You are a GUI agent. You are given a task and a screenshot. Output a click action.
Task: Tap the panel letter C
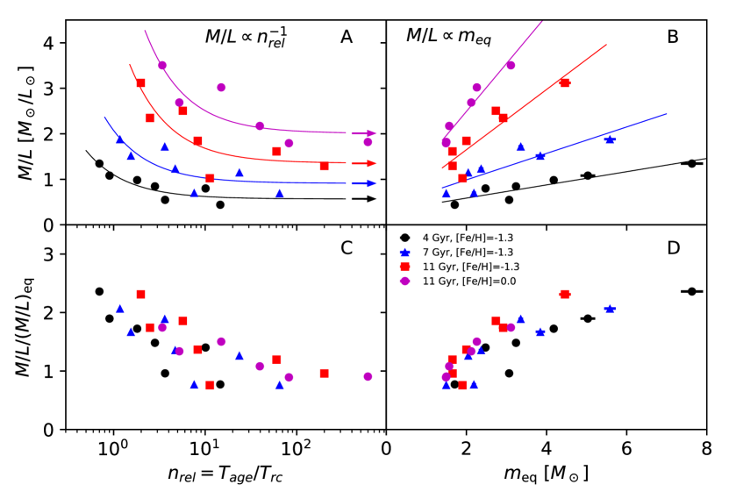click(347, 248)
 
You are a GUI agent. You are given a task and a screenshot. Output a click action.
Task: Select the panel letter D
click(673, 248)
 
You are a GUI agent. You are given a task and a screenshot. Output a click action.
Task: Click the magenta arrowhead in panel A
click(370, 133)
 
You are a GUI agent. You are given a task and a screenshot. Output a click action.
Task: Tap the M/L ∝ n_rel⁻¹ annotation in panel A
click(247, 37)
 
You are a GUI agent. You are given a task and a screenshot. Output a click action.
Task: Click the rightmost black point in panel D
click(691, 291)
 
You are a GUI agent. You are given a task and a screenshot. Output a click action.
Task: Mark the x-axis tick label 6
click(626, 446)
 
